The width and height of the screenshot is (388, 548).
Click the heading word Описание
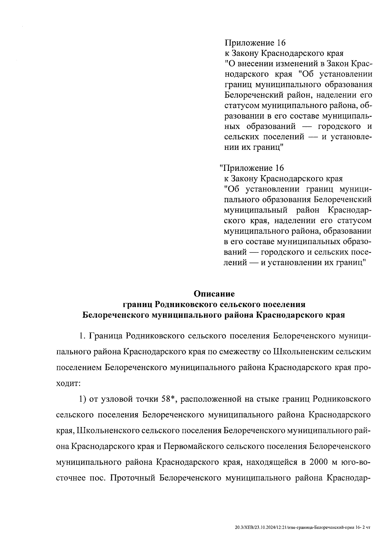pyautogui.click(x=214, y=294)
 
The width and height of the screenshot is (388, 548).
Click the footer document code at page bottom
pyautogui.click(x=302, y=528)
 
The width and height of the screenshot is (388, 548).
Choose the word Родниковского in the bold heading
pyautogui.click(x=186, y=305)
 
